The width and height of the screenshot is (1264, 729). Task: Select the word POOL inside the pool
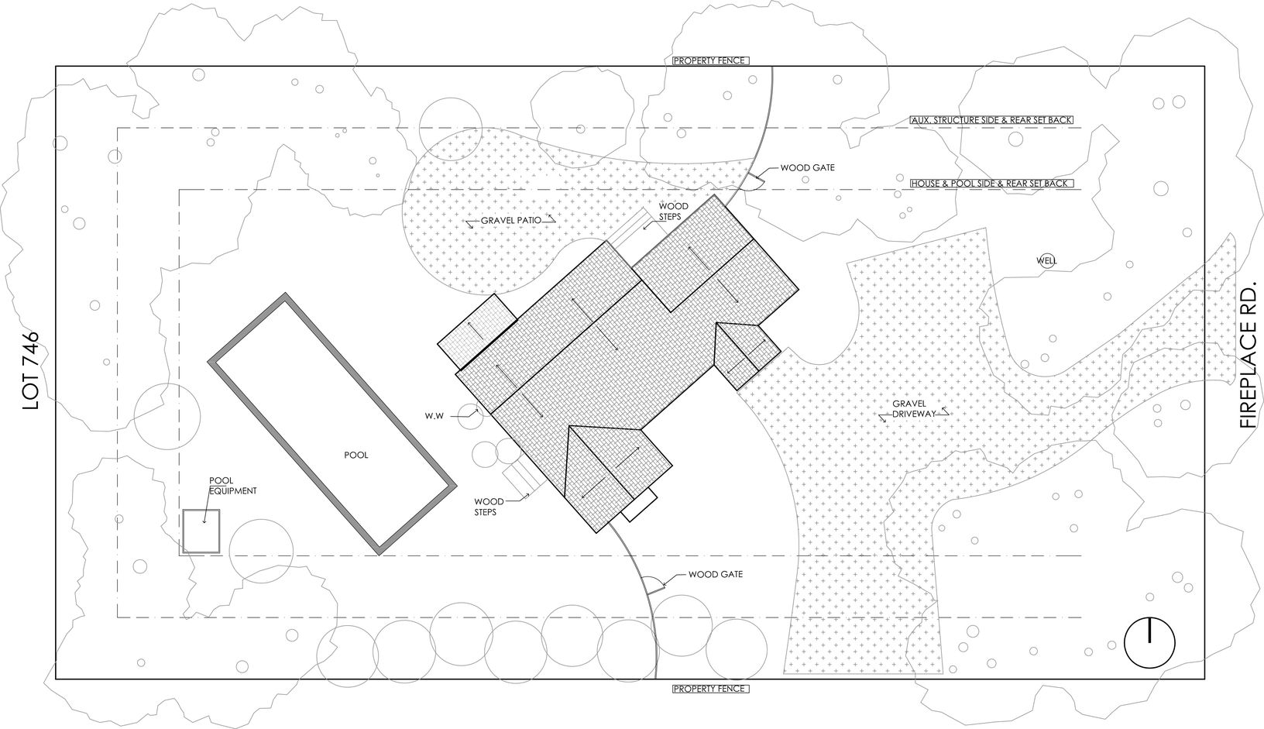(x=356, y=456)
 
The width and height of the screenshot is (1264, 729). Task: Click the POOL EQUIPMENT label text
(x=232, y=486)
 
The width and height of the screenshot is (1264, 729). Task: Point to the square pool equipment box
(x=201, y=531)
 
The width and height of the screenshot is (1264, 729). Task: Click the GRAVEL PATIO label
(x=510, y=221)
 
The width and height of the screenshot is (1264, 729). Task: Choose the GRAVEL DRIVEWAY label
(x=915, y=410)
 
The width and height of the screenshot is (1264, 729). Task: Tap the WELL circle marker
(x=1046, y=260)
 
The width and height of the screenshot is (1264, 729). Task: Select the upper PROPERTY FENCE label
(x=710, y=60)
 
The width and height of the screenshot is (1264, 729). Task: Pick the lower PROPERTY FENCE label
(x=710, y=689)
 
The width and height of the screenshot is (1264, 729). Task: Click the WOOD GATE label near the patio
(x=807, y=167)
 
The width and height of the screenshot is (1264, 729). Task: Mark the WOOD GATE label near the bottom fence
(x=716, y=575)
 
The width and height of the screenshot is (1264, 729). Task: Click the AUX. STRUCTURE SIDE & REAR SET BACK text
(x=994, y=121)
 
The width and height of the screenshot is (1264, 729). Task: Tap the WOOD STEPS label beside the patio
(x=670, y=211)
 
